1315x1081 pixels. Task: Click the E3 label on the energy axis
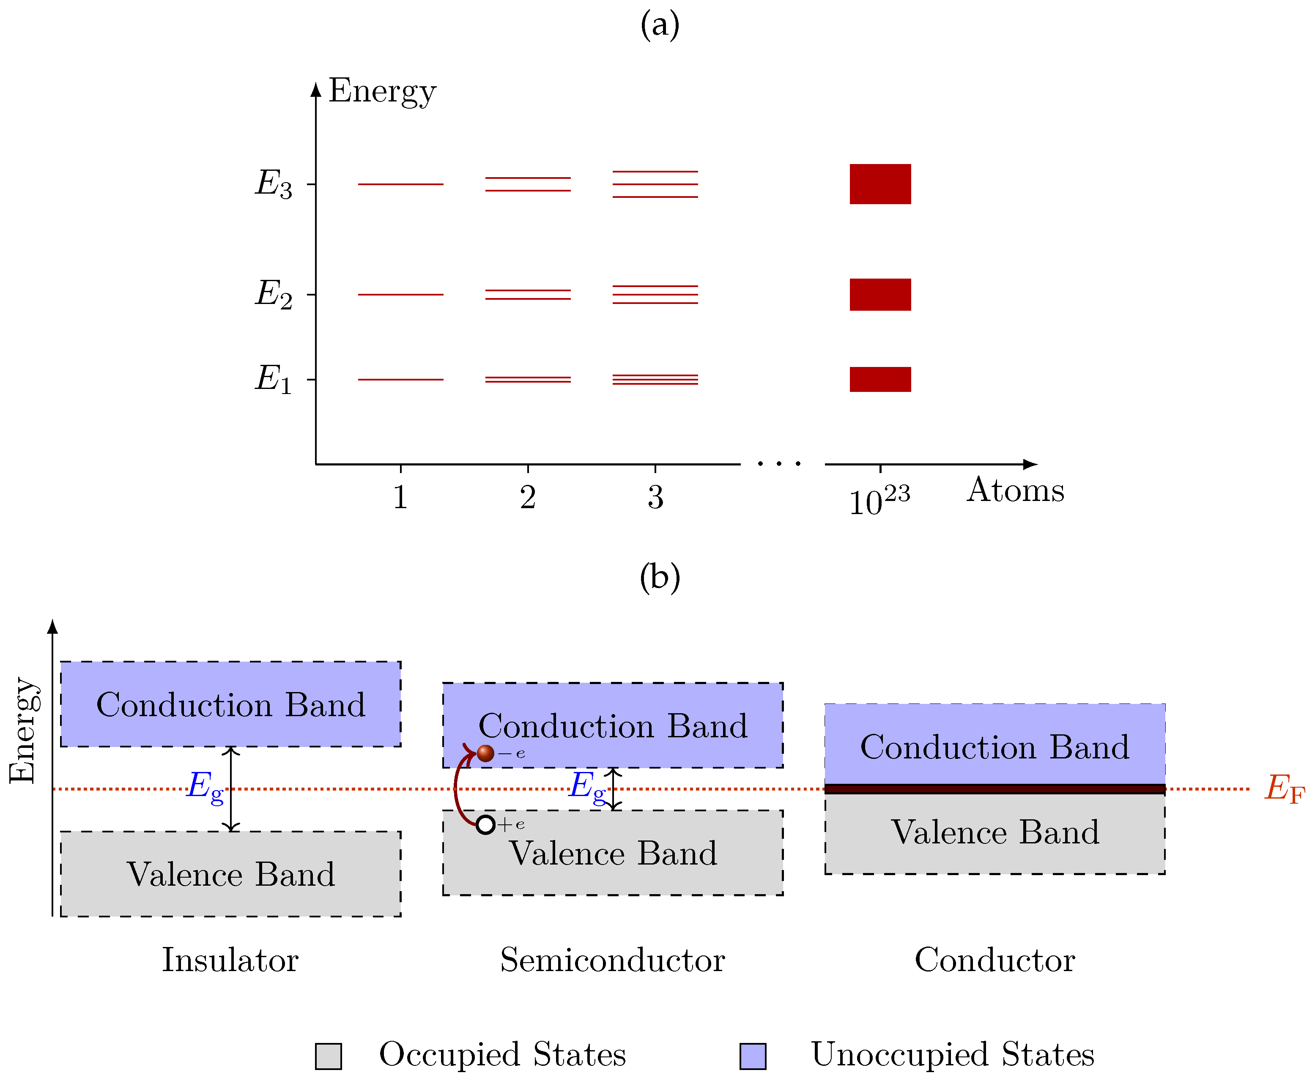273,184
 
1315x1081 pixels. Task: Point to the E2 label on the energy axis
273,294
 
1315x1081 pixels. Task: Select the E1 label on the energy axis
273,379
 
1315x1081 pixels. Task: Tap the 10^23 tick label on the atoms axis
879,500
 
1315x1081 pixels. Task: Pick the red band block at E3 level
880,184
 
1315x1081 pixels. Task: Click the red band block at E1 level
880,379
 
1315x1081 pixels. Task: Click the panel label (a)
659,25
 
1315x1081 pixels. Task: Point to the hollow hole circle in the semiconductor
486,825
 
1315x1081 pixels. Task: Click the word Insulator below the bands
230,960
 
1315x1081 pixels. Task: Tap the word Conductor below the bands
994,960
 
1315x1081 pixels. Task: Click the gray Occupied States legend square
328,1056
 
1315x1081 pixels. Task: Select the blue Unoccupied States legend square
753,1056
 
